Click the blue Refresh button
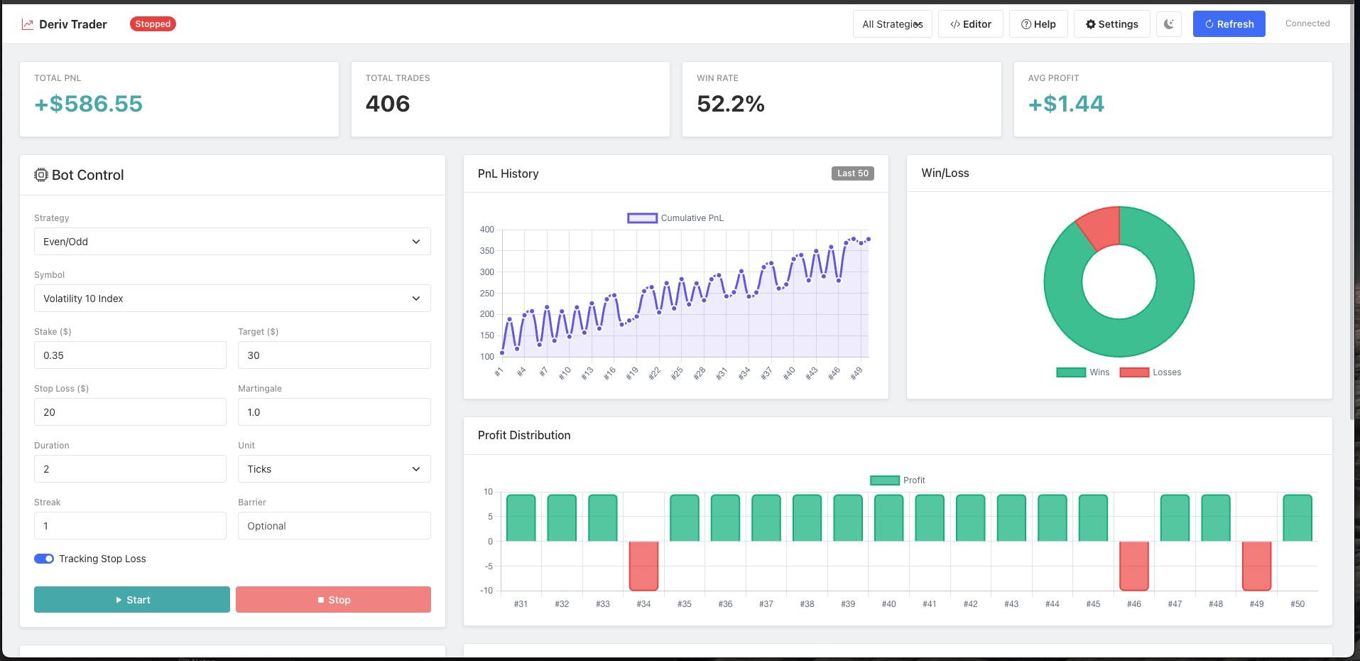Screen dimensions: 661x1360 click(x=1229, y=24)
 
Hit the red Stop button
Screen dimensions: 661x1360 click(x=333, y=600)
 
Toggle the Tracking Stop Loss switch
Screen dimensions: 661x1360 click(x=44, y=559)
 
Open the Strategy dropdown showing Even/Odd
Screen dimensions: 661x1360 click(x=232, y=242)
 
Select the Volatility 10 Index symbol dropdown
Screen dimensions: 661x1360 click(x=232, y=299)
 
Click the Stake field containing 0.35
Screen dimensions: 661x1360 click(x=130, y=355)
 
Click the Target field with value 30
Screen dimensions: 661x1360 click(x=334, y=355)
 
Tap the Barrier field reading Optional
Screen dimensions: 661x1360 click(x=334, y=526)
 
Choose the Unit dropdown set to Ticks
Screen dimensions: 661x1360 click(x=334, y=469)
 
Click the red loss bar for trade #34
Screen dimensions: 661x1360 click(x=643, y=566)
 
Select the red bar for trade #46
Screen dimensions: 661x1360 click(x=1134, y=566)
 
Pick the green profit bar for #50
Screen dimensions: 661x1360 click(x=1298, y=518)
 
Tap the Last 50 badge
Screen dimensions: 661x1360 click(x=852, y=173)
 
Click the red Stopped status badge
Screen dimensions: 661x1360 click(x=153, y=24)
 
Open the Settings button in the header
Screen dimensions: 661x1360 click(x=1111, y=24)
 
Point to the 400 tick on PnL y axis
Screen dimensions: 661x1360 click(x=487, y=230)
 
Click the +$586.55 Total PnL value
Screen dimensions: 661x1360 click(x=89, y=104)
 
